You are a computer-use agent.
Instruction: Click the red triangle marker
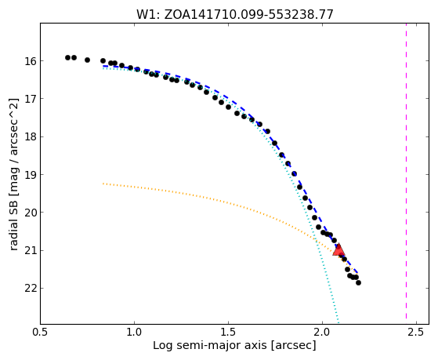[x=338, y=249]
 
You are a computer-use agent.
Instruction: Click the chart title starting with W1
[x=235, y=15]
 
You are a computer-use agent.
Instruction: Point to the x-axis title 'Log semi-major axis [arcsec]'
[x=234, y=345]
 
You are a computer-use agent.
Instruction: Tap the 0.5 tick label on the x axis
[x=41, y=332]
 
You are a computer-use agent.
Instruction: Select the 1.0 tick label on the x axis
[x=134, y=332]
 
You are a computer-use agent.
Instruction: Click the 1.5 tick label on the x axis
[x=229, y=332]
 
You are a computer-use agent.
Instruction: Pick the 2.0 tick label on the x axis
[x=322, y=332]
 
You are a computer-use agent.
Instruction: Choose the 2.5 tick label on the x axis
[x=416, y=332]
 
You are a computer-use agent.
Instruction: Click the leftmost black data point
[x=67, y=57]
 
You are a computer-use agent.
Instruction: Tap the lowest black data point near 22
[x=358, y=283]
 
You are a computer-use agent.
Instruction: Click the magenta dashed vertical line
[x=406, y=171]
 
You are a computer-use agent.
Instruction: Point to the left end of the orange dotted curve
[x=103, y=184]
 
